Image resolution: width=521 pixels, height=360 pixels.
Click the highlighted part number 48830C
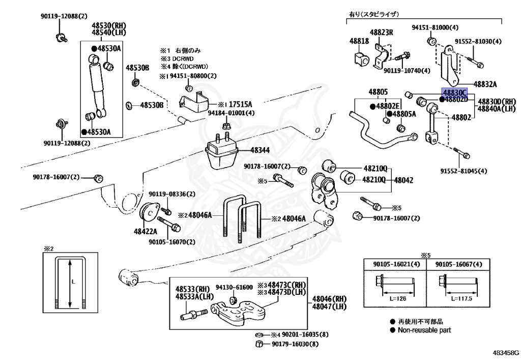454,93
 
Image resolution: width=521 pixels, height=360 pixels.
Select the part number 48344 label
261,151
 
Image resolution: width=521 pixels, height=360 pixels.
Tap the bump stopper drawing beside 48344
222,154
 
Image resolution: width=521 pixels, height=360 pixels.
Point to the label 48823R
382,32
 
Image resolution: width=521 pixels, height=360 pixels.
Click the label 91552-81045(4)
464,171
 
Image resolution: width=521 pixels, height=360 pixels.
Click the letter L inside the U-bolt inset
74,281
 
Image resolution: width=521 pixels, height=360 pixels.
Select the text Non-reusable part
424,330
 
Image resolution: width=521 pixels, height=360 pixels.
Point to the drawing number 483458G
506,352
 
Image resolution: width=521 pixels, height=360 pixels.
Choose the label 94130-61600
234,287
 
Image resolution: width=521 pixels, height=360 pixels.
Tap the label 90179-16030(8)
295,344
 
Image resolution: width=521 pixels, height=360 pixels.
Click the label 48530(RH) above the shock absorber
109,25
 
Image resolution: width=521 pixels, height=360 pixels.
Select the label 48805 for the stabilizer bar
378,92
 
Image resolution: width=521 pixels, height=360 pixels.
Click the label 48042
403,180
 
